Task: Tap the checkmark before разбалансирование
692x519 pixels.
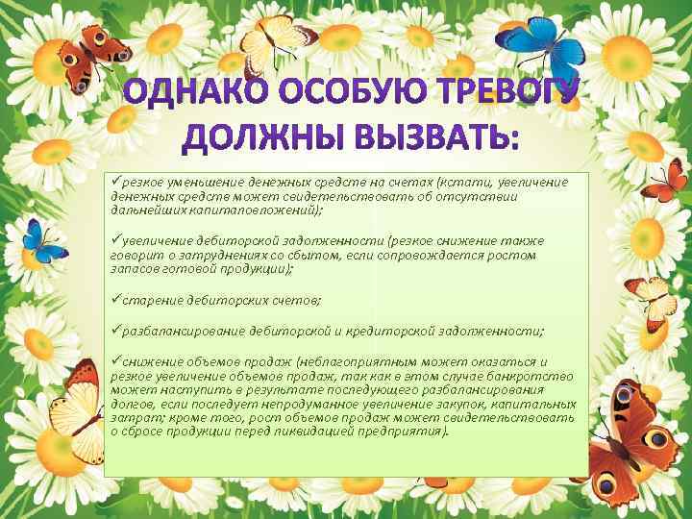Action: tap(115, 331)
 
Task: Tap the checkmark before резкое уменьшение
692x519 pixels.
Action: tap(115, 182)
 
